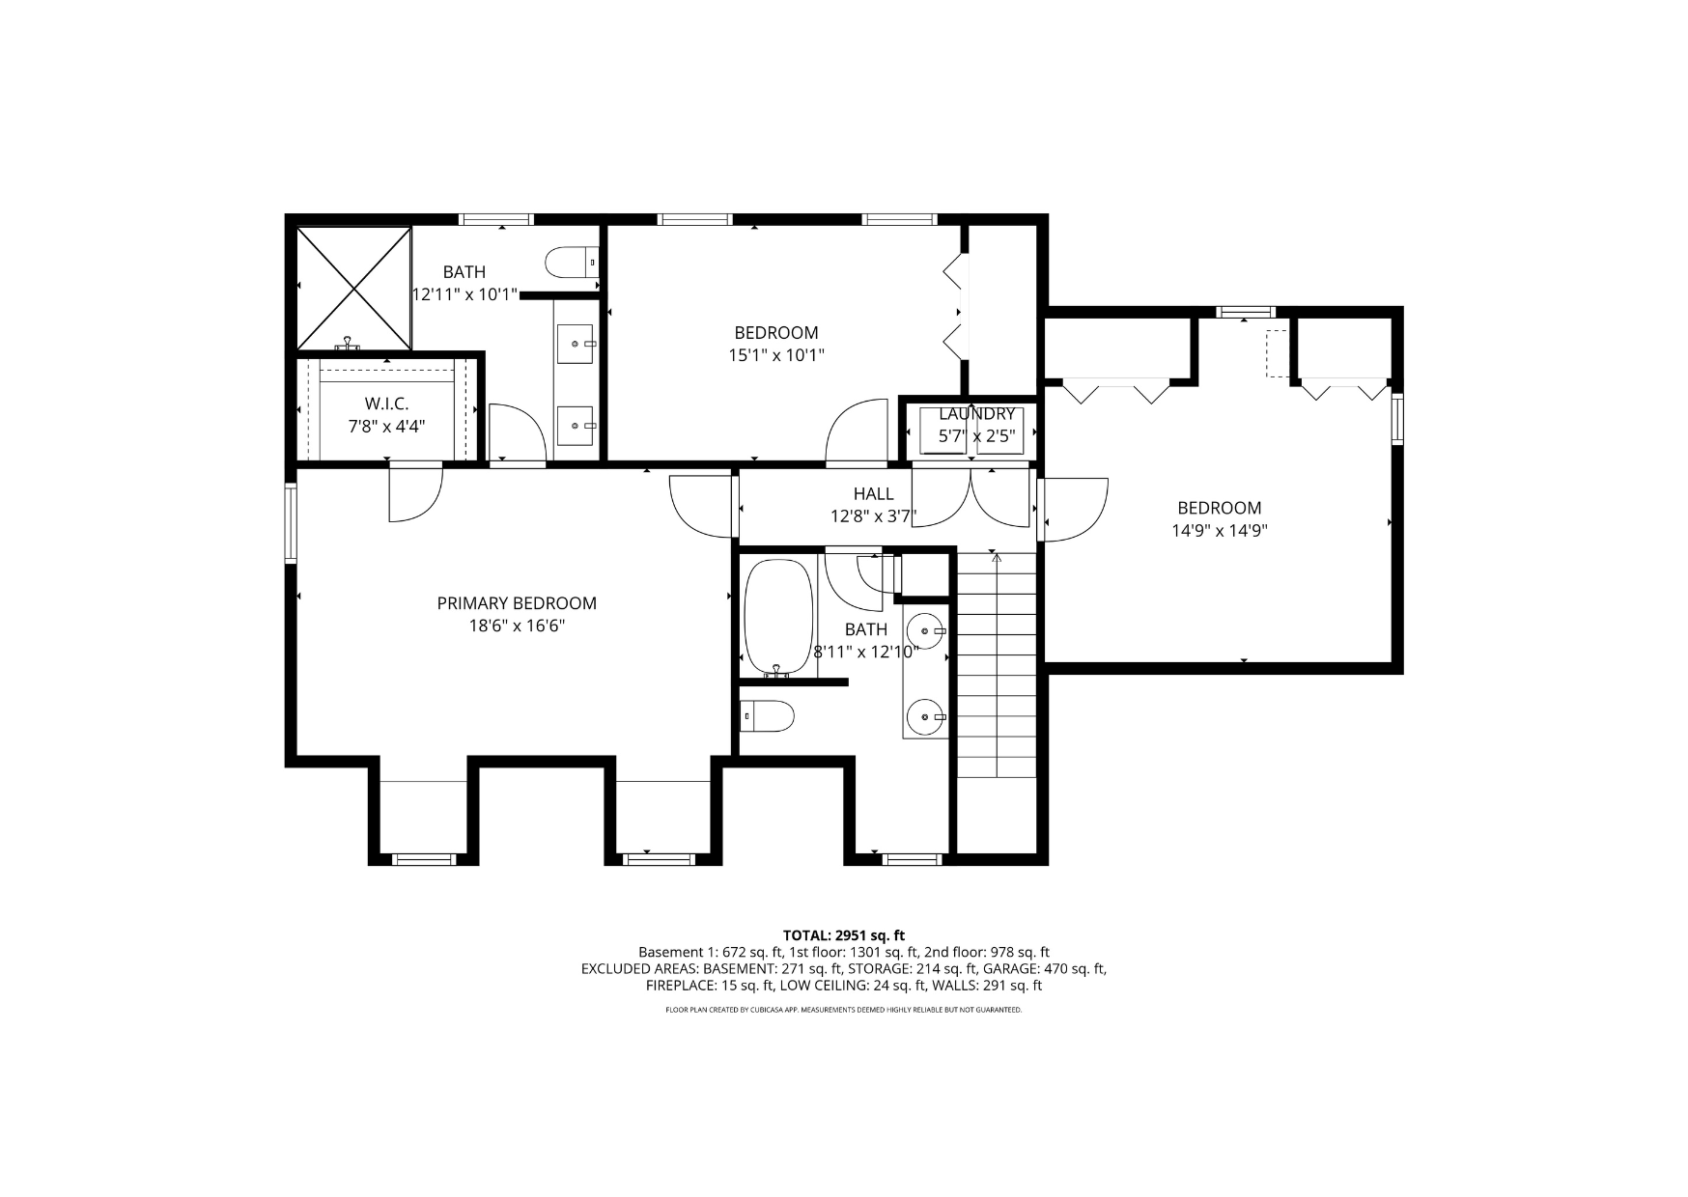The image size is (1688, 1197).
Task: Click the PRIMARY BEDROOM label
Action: point(517,603)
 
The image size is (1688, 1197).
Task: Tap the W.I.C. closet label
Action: point(386,404)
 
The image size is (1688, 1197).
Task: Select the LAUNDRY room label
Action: point(976,414)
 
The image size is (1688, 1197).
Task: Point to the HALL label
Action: point(873,494)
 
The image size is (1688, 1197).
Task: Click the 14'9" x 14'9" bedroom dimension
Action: point(1219,530)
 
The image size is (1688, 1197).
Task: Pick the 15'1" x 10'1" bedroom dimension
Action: point(775,355)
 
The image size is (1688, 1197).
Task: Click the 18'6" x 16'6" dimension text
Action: point(517,626)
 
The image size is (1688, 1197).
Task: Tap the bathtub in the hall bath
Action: point(778,617)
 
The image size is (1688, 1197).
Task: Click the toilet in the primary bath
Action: point(572,262)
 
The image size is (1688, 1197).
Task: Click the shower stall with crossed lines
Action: point(353,288)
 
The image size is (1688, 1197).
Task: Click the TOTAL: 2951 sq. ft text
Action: point(844,934)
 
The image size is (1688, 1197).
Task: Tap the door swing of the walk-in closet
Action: point(415,493)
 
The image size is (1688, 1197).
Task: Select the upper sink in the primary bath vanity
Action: point(577,343)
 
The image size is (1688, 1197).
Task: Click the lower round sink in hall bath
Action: point(927,717)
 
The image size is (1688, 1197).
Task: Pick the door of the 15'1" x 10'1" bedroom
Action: point(856,431)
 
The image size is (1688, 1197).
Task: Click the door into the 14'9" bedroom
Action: point(1074,509)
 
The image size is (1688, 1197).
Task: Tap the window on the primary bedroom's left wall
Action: point(290,521)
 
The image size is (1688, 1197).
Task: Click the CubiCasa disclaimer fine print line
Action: point(843,1010)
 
